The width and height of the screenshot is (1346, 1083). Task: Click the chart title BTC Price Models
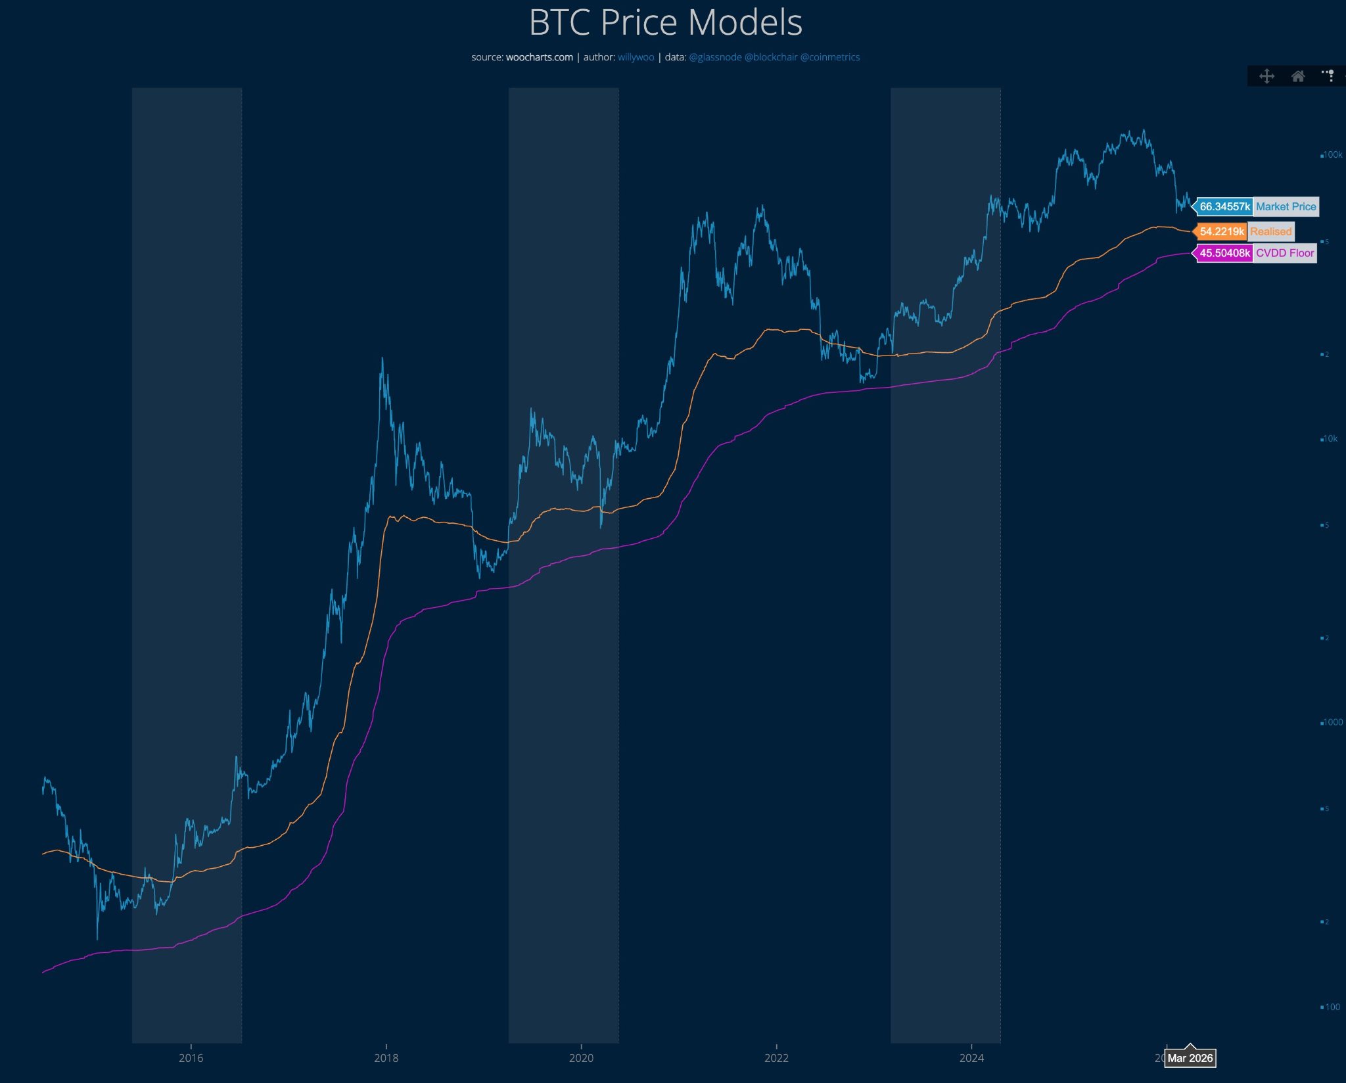click(x=665, y=22)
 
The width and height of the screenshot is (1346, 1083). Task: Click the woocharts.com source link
click(x=539, y=57)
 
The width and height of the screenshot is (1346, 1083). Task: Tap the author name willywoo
click(x=636, y=57)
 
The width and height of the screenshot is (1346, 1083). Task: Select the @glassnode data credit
click(x=715, y=57)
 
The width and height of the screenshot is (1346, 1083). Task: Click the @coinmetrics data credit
click(x=829, y=57)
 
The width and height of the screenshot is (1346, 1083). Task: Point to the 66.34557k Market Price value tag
click(x=1224, y=206)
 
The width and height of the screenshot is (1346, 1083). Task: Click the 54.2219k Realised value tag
click(x=1221, y=231)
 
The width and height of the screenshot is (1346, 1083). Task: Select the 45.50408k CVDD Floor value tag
click(x=1224, y=253)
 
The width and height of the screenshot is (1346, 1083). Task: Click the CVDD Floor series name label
click(x=1284, y=253)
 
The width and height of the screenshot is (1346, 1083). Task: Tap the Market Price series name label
click(x=1286, y=206)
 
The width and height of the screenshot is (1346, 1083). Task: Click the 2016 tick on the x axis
click(x=191, y=1058)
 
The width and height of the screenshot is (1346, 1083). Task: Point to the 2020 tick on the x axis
click(x=581, y=1058)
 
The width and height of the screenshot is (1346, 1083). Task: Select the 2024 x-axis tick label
click(x=971, y=1058)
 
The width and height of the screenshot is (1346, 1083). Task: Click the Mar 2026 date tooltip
click(x=1190, y=1058)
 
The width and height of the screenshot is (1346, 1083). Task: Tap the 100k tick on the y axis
click(x=1332, y=155)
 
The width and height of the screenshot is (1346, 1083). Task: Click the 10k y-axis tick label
click(x=1330, y=439)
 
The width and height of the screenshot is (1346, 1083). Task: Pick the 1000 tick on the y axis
click(x=1332, y=722)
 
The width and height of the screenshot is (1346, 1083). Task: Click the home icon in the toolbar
click(x=1297, y=76)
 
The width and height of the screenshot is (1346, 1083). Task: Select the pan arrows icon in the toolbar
click(x=1266, y=76)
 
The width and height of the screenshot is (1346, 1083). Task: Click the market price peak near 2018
click(x=382, y=359)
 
